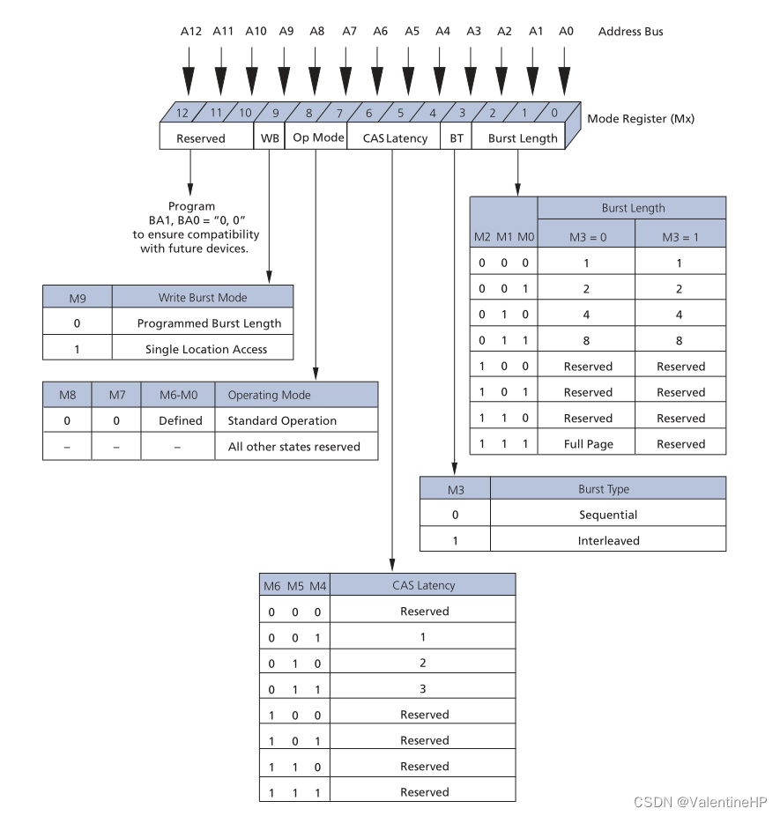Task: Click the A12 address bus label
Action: (191, 32)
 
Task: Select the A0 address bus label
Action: (567, 32)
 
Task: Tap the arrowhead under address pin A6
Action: (380, 84)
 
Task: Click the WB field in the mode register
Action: (269, 138)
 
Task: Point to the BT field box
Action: (456, 138)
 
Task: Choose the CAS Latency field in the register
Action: (395, 138)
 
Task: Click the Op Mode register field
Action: (316, 137)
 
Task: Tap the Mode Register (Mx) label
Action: (641, 118)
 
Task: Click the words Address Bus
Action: (630, 32)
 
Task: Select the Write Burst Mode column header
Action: (203, 297)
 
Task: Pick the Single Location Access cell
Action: (206, 349)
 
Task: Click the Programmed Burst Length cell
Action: (209, 323)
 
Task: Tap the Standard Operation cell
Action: (282, 420)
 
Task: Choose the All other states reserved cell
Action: (293, 447)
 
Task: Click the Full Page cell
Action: (588, 444)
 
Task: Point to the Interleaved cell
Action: (608, 540)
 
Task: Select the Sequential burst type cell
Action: (608, 515)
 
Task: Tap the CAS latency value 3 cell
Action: (423, 688)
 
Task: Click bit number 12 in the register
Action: (182, 113)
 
